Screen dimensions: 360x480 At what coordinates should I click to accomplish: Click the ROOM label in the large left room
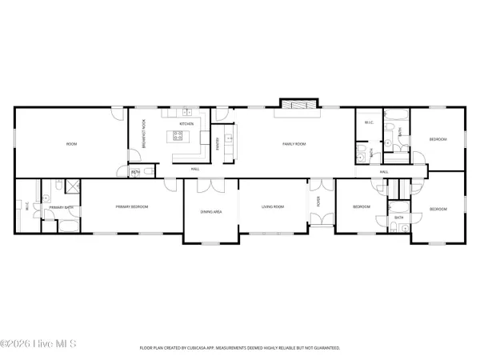coord(71,144)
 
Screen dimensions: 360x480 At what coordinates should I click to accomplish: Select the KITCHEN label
coord(186,125)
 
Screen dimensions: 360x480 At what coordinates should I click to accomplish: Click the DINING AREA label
coord(210,212)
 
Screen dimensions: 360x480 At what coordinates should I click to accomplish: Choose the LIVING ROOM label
coord(273,207)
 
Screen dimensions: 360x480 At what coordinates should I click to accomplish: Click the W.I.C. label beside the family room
coord(369,122)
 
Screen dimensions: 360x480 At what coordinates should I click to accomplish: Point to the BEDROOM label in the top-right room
coord(437,139)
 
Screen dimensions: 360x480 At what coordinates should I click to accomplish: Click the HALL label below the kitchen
coord(194,169)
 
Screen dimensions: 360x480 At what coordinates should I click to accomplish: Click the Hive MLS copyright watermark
coord(38,346)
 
